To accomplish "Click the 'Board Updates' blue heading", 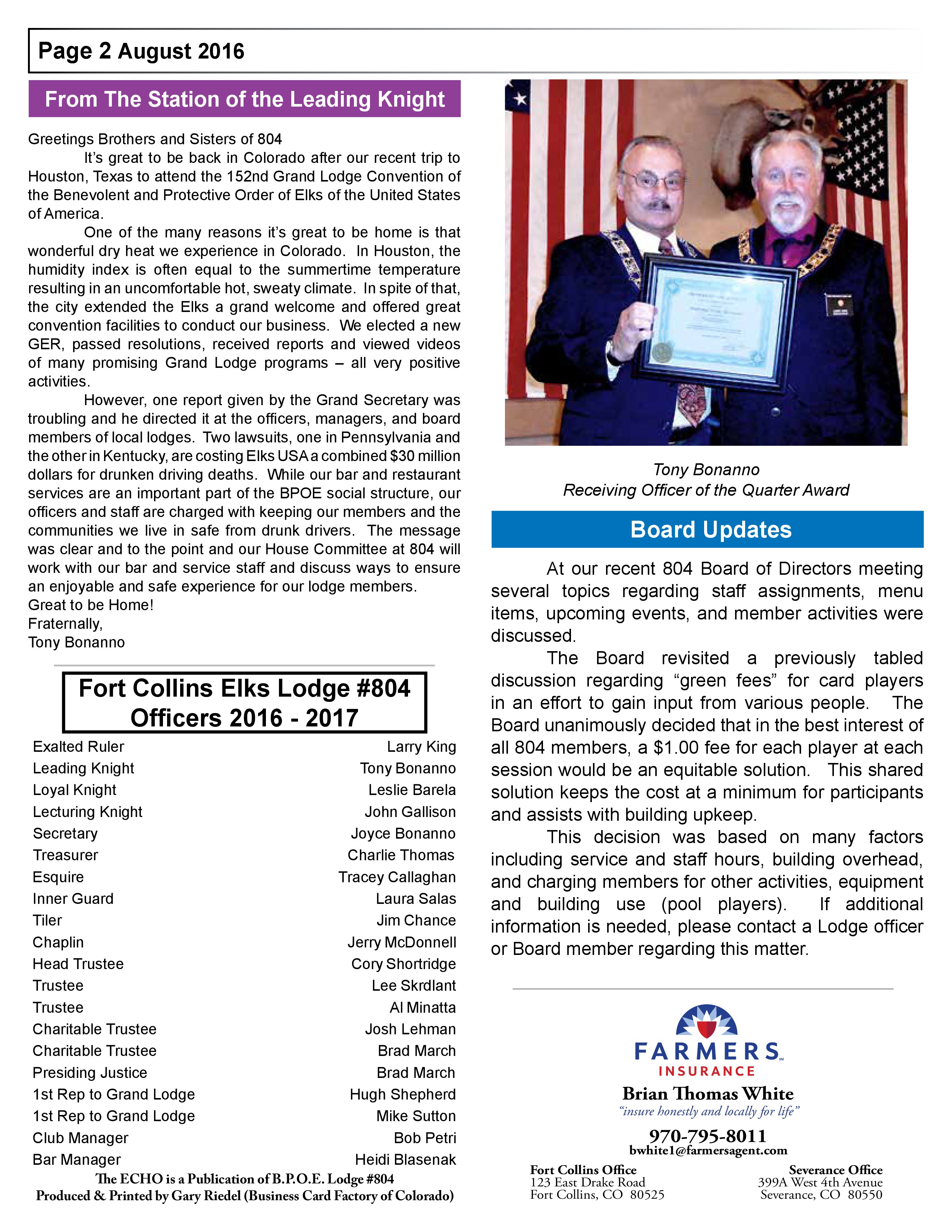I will tap(710, 529).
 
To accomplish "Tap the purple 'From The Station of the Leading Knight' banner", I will tap(245, 99).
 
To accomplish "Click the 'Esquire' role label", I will tap(58, 877).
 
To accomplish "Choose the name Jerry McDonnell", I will tap(402, 942).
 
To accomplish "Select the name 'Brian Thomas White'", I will tap(707, 1094).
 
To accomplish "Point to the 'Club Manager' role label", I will tap(81, 1138).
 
